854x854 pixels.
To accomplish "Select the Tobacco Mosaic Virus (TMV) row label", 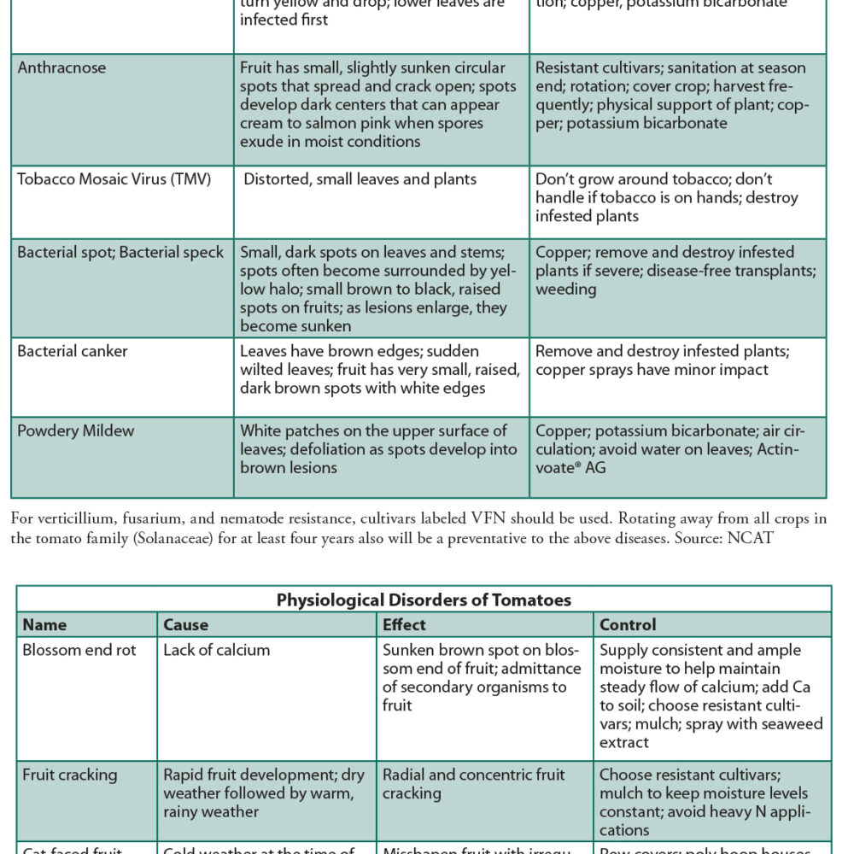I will tap(114, 179).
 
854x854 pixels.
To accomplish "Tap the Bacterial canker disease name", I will tap(72, 351).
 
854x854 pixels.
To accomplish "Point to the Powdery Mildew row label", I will tap(75, 430).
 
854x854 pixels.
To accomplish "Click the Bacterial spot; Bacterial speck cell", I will tap(120, 253).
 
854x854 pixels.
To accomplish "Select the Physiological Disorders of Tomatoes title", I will tap(424, 600).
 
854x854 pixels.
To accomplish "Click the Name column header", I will tap(44, 625).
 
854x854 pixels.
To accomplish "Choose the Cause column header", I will tap(185, 625).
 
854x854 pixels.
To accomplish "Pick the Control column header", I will tap(628, 625).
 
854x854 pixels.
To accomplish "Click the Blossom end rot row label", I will tap(79, 650).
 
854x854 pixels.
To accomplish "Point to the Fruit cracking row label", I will tap(70, 775).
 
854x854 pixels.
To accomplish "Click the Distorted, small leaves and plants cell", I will tap(360, 179).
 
